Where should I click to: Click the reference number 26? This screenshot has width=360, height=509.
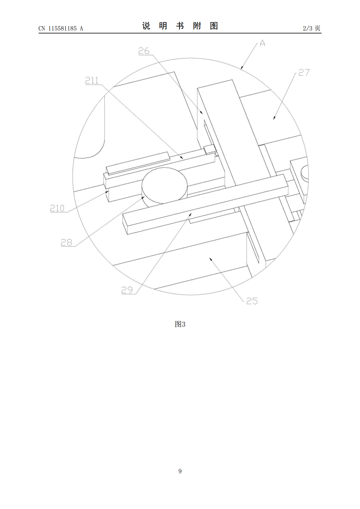144,51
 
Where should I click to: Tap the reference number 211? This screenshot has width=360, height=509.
92,80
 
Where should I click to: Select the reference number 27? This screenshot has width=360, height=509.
304,73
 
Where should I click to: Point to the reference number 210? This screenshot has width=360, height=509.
57,208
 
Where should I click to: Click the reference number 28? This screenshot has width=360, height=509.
67,242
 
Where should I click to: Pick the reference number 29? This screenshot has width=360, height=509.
127,290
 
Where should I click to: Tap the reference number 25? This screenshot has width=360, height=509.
252,301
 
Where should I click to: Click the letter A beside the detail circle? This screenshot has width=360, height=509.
263,43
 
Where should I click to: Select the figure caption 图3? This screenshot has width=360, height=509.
180,324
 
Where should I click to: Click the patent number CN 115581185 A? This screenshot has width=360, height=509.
61,28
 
